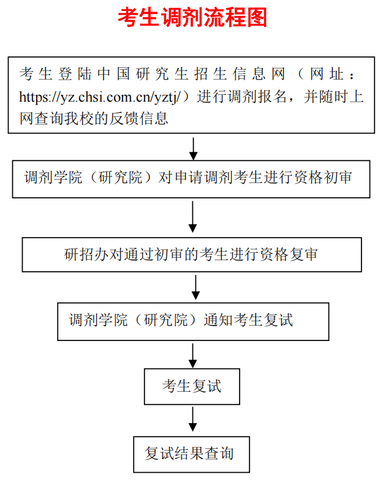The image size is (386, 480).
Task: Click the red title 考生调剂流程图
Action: coord(192,18)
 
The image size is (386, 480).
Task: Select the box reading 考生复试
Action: coord(192,386)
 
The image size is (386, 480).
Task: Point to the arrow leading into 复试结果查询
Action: coord(193,419)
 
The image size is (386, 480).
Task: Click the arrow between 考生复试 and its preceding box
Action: coord(193,354)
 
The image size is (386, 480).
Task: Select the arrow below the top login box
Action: coord(193,147)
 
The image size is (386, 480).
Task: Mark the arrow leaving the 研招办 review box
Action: coord(195,285)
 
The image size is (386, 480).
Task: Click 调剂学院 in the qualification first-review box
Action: coord(53,178)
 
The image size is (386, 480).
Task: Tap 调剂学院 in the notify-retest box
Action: coord(98,320)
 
